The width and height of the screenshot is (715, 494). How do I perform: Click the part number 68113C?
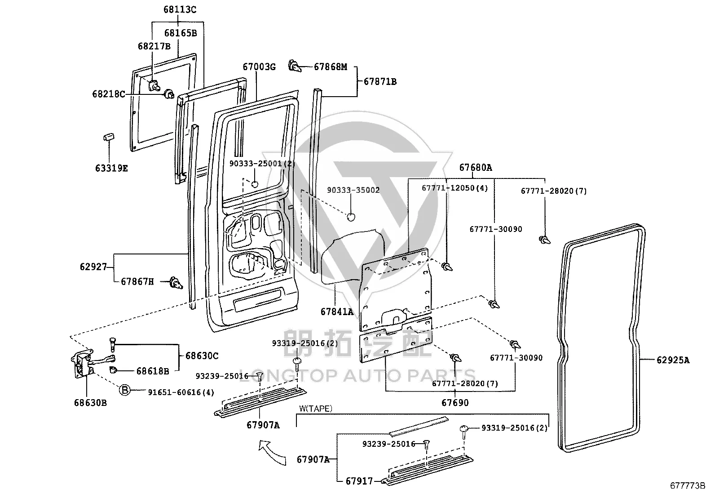coord(180,9)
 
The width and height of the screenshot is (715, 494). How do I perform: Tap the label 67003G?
coord(259,67)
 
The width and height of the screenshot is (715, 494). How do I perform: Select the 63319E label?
coord(111,168)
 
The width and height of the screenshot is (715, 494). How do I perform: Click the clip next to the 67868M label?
coord(295,66)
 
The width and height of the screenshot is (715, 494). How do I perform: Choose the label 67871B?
coord(380,81)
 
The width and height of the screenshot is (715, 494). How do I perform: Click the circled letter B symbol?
coord(125,390)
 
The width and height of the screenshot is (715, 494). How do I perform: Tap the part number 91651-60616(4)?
coord(181,392)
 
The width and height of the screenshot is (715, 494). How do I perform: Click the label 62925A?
coord(673,360)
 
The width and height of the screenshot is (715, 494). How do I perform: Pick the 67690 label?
coord(455,403)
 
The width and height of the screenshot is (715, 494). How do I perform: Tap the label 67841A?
coord(337,312)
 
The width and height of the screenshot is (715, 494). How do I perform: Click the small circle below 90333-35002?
coord(351,217)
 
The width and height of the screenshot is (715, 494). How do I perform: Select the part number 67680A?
coord(476,167)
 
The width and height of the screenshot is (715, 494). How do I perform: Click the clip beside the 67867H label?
coord(176,283)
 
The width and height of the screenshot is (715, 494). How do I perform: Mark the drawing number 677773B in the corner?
coord(688,485)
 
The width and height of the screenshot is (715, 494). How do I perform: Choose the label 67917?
coord(359,481)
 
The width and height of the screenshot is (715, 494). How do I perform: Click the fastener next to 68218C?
coord(169,94)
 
